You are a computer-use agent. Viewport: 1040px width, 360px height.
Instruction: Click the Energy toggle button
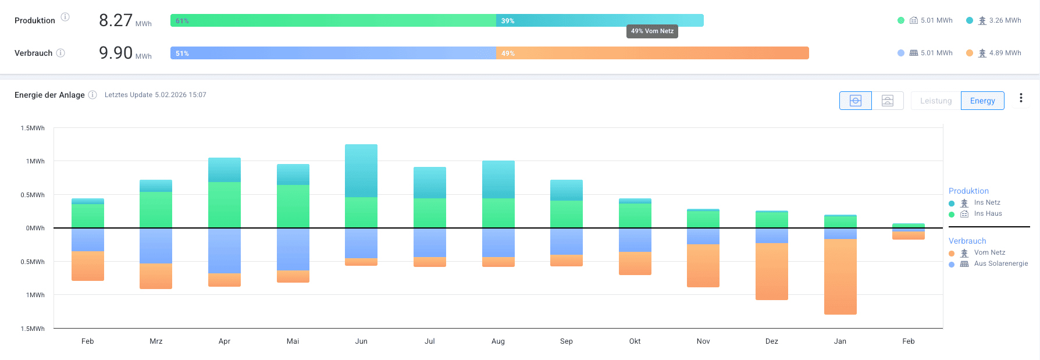(x=982, y=101)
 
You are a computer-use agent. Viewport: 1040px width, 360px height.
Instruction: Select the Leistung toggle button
(x=936, y=101)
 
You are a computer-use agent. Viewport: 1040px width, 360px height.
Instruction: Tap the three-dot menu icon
(x=1021, y=98)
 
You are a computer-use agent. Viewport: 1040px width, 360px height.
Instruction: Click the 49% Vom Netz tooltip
(x=652, y=31)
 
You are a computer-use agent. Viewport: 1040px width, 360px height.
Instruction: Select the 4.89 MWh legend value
(x=1005, y=53)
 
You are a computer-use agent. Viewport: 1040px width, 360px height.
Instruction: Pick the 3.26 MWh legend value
(x=1005, y=20)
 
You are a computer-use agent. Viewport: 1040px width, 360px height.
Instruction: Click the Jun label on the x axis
(x=361, y=341)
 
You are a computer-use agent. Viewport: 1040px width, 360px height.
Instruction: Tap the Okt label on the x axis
(x=635, y=341)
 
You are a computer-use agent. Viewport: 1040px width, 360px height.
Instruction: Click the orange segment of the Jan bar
(x=840, y=277)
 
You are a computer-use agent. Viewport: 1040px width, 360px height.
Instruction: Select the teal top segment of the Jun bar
(x=361, y=171)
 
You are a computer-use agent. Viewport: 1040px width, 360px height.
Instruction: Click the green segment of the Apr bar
(x=225, y=205)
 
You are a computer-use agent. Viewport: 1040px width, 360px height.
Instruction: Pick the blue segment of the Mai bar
(x=293, y=249)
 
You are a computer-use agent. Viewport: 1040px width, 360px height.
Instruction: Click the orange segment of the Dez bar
(x=772, y=271)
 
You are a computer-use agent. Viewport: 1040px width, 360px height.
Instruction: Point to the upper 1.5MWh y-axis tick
(x=33, y=128)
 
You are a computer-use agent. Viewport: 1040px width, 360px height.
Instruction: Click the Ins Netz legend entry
(x=987, y=203)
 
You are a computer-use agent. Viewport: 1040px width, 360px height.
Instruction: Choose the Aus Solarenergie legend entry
(x=1000, y=264)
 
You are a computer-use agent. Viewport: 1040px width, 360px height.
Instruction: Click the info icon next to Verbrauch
(x=60, y=53)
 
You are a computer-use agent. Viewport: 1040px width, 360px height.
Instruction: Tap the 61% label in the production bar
(x=182, y=21)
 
